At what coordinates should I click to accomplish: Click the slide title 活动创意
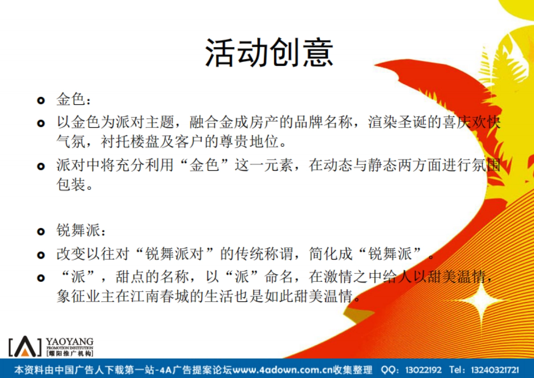click(x=269, y=52)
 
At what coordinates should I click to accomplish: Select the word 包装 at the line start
click(x=71, y=185)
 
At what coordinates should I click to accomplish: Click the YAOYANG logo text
click(x=69, y=342)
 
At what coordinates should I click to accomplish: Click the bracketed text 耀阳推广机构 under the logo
click(x=69, y=354)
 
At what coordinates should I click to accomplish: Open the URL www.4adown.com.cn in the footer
click(x=281, y=370)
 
